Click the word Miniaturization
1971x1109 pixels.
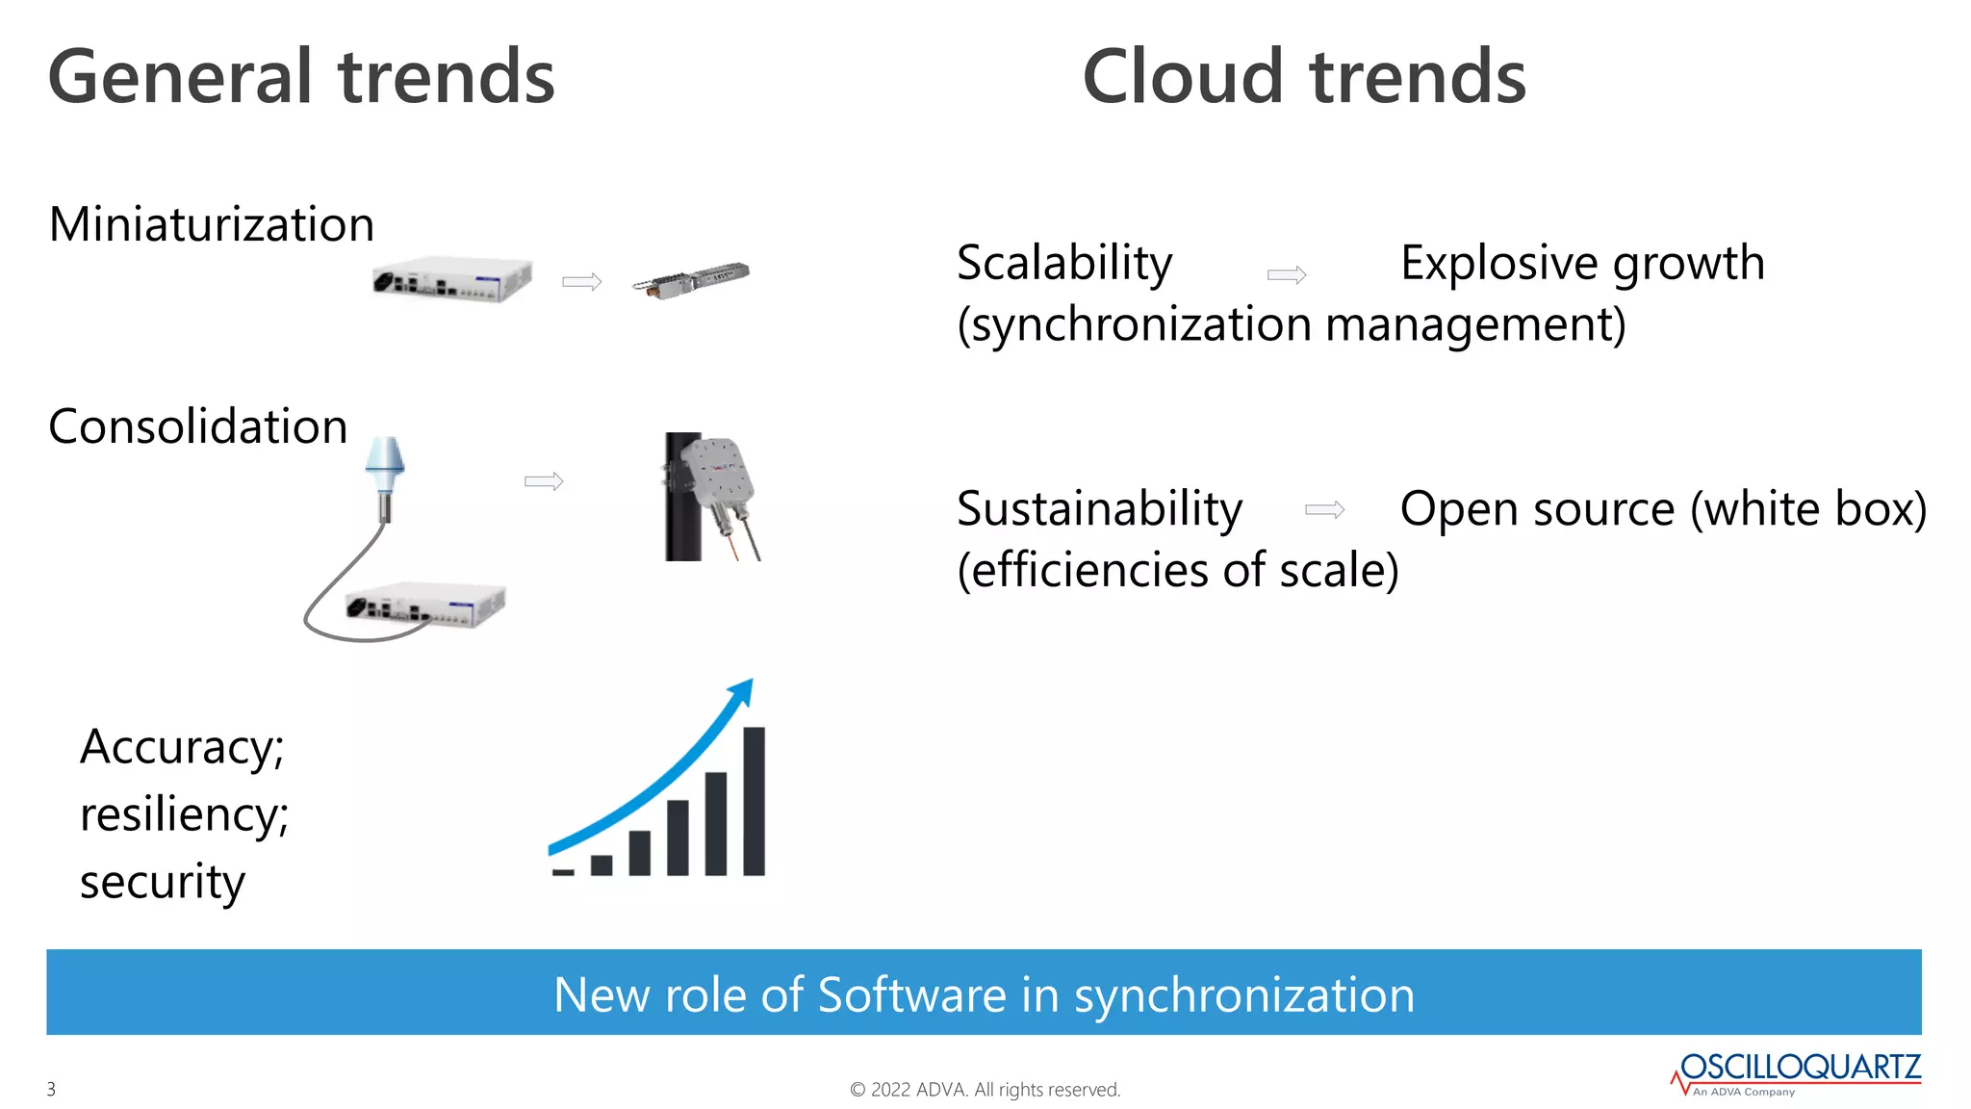pos(211,224)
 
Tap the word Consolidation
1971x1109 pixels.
pos(197,426)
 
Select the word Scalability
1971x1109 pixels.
pos(1064,263)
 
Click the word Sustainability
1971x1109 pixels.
pos(1099,508)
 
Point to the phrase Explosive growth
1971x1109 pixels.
pos(1582,263)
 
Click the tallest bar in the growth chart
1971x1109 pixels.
pos(754,801)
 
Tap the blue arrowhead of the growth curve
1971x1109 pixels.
pos(743,690)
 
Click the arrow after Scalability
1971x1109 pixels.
pos(1287,275)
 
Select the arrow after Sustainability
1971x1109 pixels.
pos(1324,509)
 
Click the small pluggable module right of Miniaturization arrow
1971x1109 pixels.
pos(691,279)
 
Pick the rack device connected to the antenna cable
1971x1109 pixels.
pos(425,606)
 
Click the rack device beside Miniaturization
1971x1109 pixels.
pos(452,280)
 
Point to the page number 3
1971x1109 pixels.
pos(51,1089)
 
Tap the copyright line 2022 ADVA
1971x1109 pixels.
pos(985,1089)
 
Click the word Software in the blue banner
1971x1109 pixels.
pos(911,994)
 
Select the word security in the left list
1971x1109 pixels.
pos(162,882)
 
